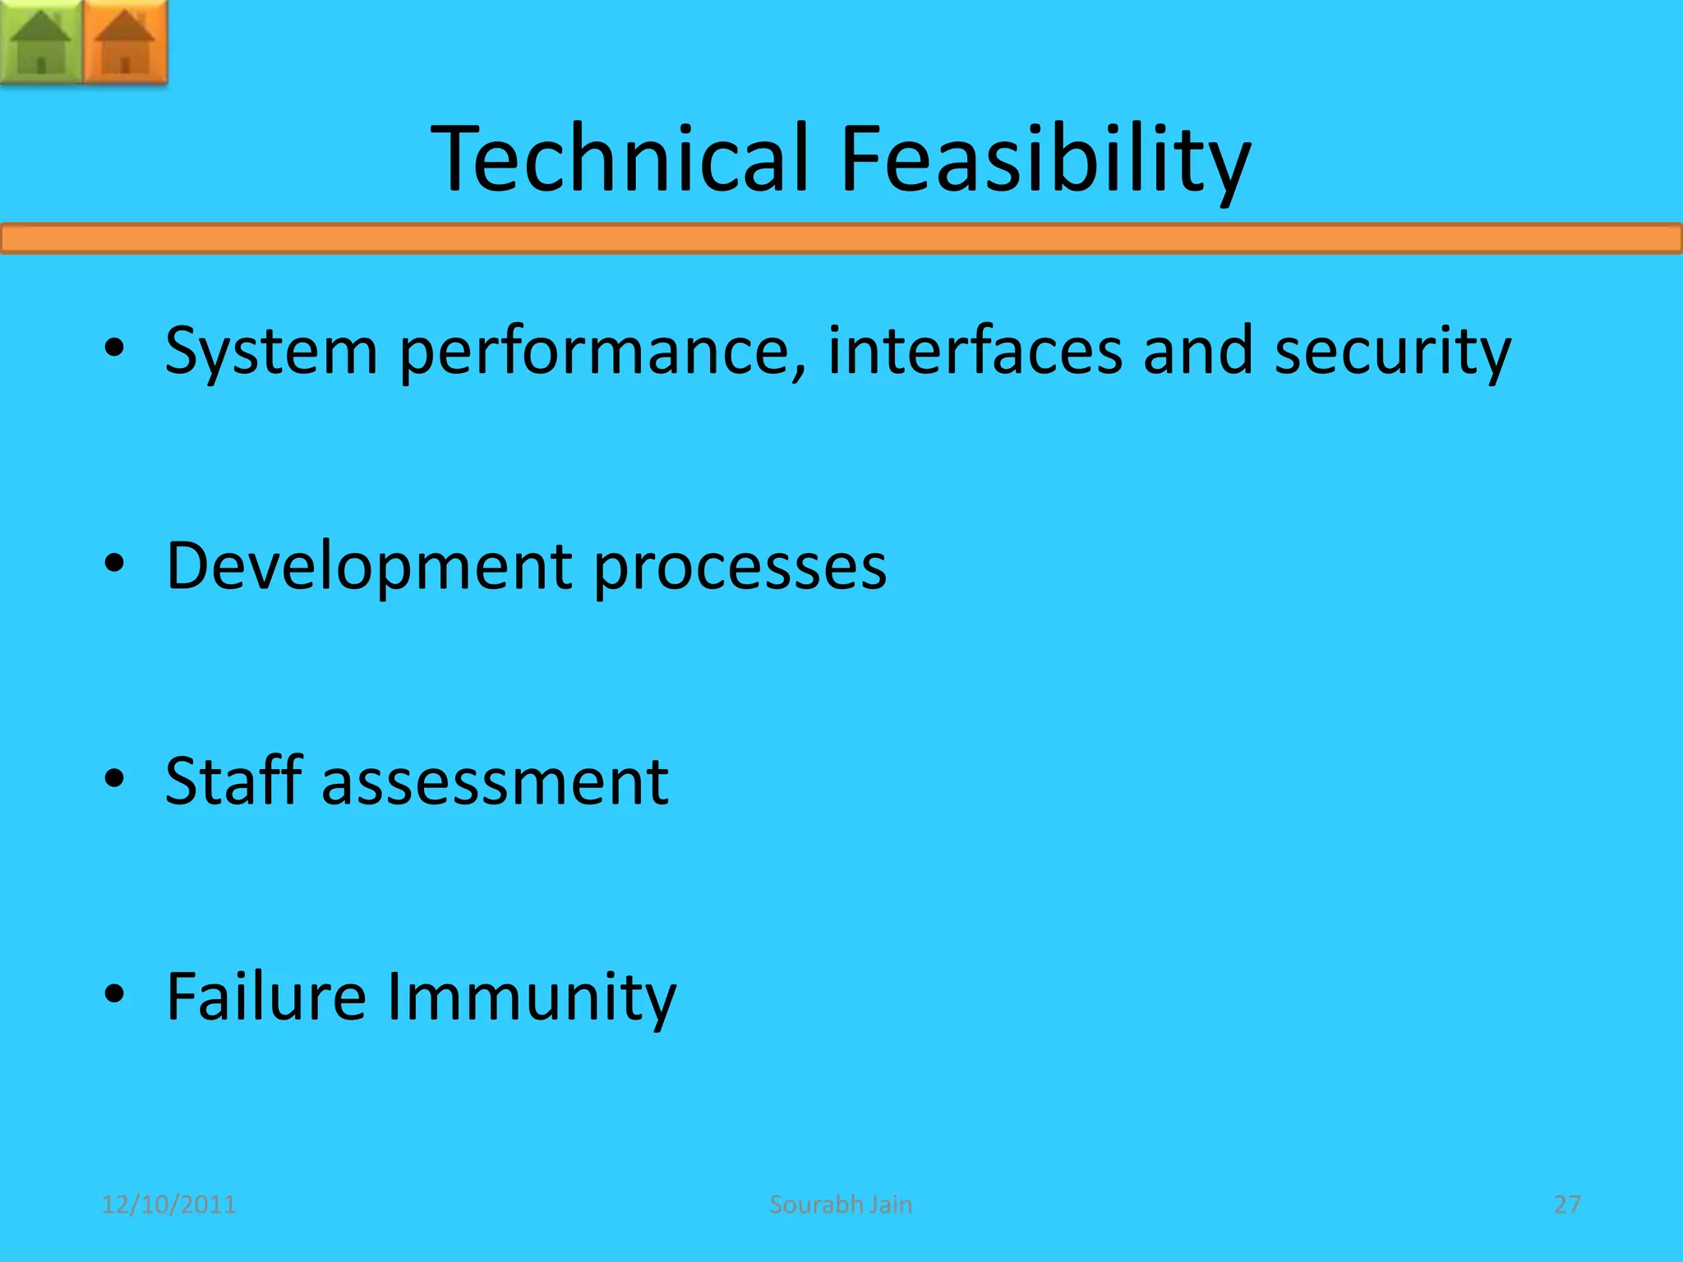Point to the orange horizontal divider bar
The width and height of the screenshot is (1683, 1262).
841,239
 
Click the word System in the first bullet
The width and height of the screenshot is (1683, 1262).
271,351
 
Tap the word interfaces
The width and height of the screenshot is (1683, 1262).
975,351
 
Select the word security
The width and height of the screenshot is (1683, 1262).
1392,351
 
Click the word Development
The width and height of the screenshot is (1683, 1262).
369,566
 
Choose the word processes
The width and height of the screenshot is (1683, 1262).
740,566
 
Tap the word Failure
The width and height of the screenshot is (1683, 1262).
266,996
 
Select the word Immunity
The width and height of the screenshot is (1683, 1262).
531,996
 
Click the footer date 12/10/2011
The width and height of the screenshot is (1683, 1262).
168,1204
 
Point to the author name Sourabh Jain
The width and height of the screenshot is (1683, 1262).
841,1204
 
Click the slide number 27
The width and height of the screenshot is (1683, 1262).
1567,1204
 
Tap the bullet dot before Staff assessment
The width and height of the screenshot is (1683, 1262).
114,778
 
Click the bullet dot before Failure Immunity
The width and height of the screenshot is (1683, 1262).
114,993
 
